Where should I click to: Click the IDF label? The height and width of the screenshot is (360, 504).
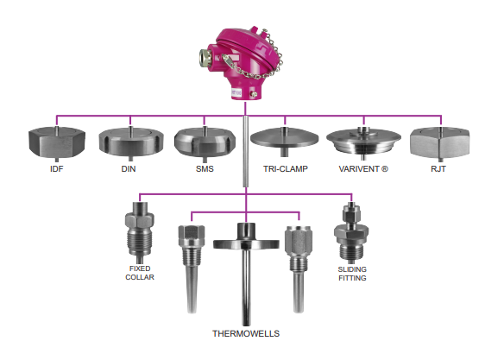pyautogui.click(x=57, y=168)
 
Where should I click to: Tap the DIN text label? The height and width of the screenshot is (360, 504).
pyautogui.click(x=129, y=168)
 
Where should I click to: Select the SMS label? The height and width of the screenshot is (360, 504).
pyautogui.click(x=205, y=168)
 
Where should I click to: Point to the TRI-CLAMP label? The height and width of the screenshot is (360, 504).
pyautogui.click(x=286, y=168)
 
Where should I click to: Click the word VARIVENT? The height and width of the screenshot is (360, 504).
pyautogui.click(x=359, y=168)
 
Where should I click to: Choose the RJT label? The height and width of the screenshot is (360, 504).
pyautogui.click(x=438, y=168)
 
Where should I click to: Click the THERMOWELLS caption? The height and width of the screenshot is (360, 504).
pyautogui.click(x=246, y=333)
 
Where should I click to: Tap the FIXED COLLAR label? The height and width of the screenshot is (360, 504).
pyautogui.click(x=140, y=273)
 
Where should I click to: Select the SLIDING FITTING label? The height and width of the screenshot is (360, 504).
pyautogui.click(x=352, y=274)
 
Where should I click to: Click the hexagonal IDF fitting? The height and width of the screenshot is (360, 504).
pyautogui.click(x=57, y=142)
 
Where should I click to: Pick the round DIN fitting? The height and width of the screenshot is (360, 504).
pyautogui.click(x=131, y=142)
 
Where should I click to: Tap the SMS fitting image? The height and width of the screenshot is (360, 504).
pyautogui.click(x=205, y=142)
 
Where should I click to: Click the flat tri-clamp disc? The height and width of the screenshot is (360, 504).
pyautogui.click(x=285, y=138)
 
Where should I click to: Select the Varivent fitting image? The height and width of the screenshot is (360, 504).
pyautogui.click(x=363, y=142)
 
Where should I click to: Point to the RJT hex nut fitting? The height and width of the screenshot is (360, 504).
pyautogui.click(x=440, y=142)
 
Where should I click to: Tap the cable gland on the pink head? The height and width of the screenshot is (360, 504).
pyautogui.click(x=204, y=57)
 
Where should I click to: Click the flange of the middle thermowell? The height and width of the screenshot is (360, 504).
pyautogui.click(x=246, y=243)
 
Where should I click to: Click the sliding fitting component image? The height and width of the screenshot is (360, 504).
pyautogui.click(x=351, y=232)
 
